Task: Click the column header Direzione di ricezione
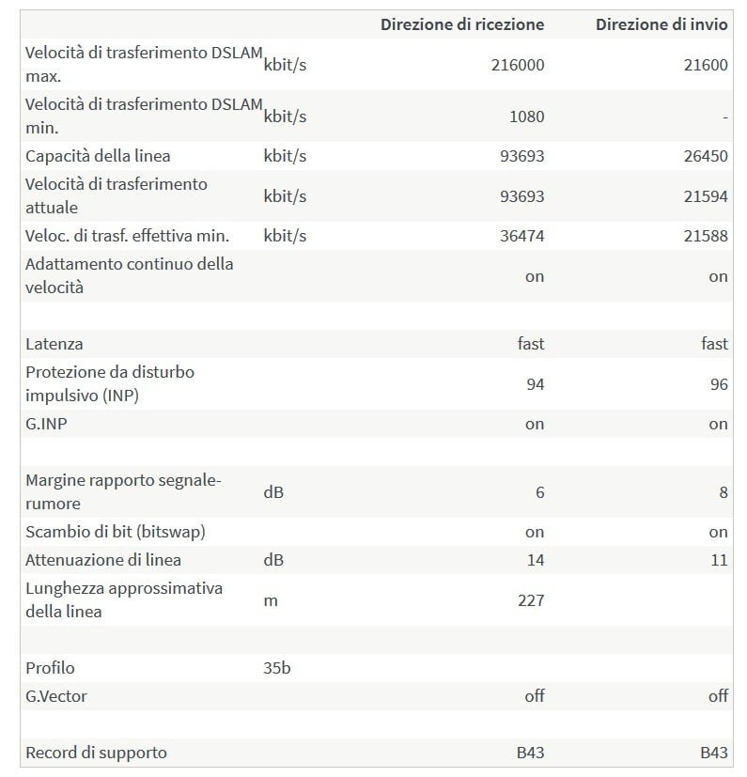[461, 24]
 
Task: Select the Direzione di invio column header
[661, 24]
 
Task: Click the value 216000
[517, 65]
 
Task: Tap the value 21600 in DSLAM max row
[708, 65]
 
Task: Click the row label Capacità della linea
[98, 156]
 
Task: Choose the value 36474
[521, 236]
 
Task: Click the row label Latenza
[54, 344]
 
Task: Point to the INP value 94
[534, 384]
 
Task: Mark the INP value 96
[718, 384]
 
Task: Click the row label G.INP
[46, 424]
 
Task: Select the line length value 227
[531, 600]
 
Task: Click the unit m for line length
[271, 600]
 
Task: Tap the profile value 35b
[277, 668]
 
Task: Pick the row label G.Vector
[56, 696]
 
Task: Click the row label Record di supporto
[96, 753]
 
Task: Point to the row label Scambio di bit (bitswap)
[115, 532]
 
